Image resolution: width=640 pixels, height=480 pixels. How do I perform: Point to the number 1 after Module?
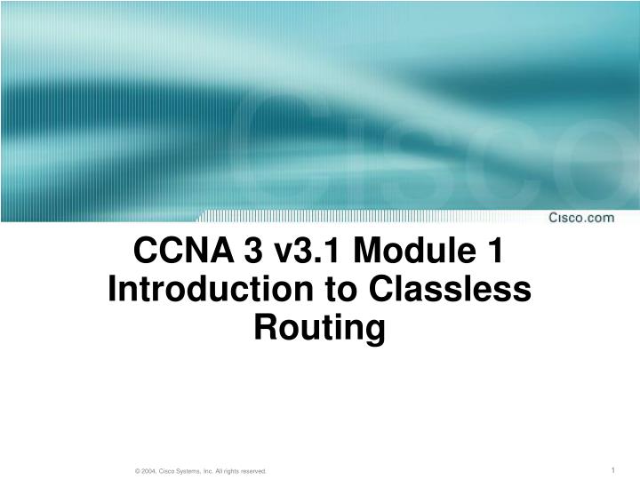pyautogui.click(x=495, y=252)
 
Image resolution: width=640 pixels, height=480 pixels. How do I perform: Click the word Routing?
pyautogui.click(x=320, y=327)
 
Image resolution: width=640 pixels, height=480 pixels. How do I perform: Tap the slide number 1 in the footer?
pyautogui.click(x=614, y=468)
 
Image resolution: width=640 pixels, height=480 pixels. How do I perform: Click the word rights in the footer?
pyautogui.click(x=228, y=470)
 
